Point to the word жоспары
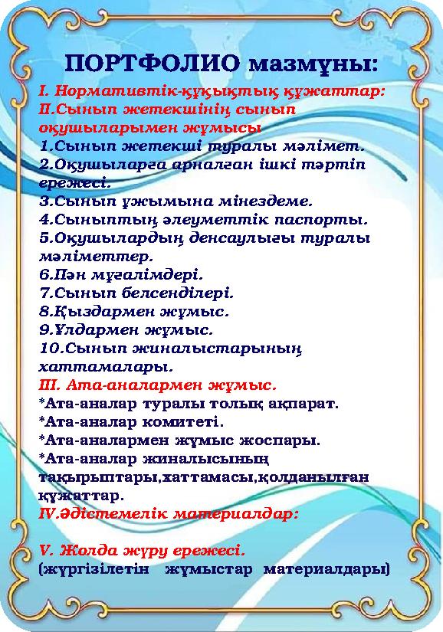pyautogui.click(x=283, y=440)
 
